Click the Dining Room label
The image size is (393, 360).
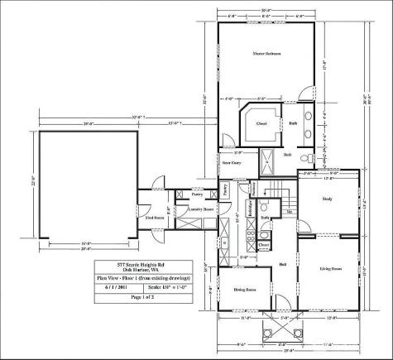coord(243,290)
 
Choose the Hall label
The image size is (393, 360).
coord(282,264)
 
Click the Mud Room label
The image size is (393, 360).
coord(154,218)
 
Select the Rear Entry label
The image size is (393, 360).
coord(232,164)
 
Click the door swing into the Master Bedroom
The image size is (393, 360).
coord(308,90)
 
